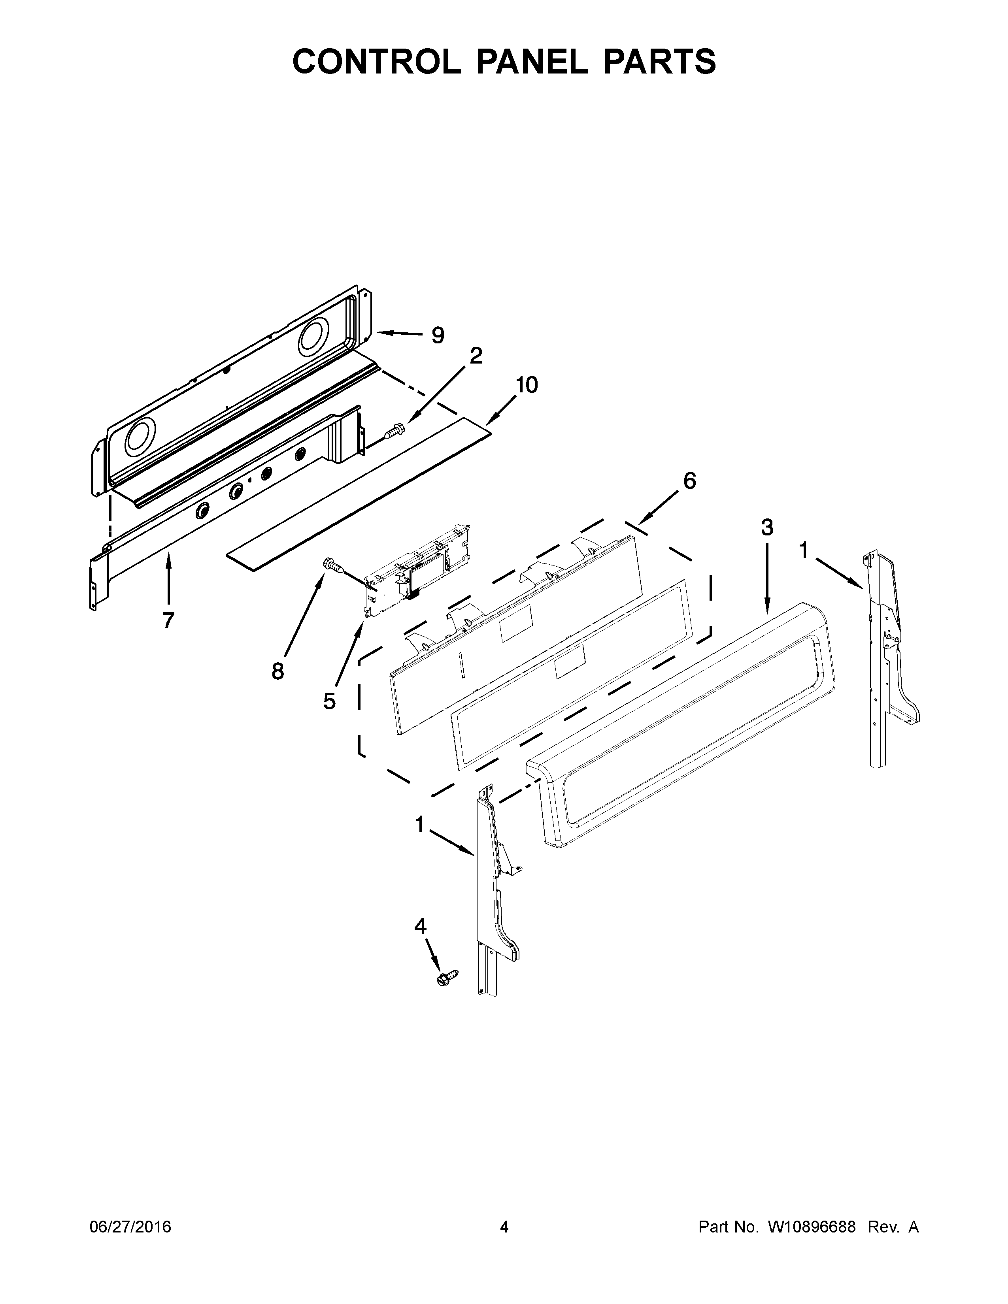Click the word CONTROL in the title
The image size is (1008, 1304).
point(376,62)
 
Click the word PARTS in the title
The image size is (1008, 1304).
point(659,62)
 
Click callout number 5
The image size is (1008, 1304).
point(330,701)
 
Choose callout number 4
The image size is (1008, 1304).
point(421,926)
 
